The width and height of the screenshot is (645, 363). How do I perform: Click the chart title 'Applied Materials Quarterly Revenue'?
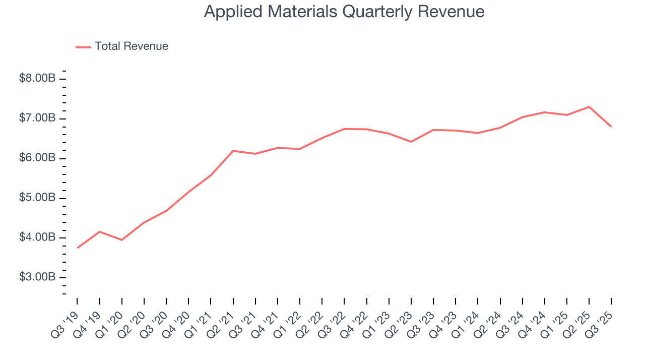click(x=344, y=12)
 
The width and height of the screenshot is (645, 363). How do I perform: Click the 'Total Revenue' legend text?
click(x=131, y=46)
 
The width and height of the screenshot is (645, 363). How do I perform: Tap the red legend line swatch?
click(x=83, y=47)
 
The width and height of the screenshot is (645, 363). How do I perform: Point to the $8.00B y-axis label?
click(x=37, y=79)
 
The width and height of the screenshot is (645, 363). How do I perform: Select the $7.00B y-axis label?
click(x=37, y=118)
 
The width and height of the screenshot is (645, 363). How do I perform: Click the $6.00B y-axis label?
click(x=37, y=158)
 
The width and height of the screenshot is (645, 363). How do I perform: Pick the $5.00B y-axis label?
click(x=37, y=198)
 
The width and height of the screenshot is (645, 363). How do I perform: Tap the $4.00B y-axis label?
click(x=37, y=237)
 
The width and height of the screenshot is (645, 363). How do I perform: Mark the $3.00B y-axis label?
click(x=37, y=277)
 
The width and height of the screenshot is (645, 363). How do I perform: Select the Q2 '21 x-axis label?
click(x=221, y=323)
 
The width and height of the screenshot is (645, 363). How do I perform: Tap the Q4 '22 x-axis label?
click(x=355, y=323)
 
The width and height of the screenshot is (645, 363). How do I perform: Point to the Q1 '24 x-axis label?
click(x=466, y=323)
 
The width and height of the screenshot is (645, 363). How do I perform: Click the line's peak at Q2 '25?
click(x=589, y=107)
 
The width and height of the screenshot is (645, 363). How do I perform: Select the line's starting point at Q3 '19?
click(x=78, y=248)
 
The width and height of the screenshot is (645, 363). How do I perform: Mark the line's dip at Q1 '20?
click(x=122, y=239)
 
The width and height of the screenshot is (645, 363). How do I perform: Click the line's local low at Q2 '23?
click(x=411, y=142)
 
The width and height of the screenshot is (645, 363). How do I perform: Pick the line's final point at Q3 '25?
click(x=611, y=127)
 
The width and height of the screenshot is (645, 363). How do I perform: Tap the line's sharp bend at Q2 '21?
click(x=233, y=151)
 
